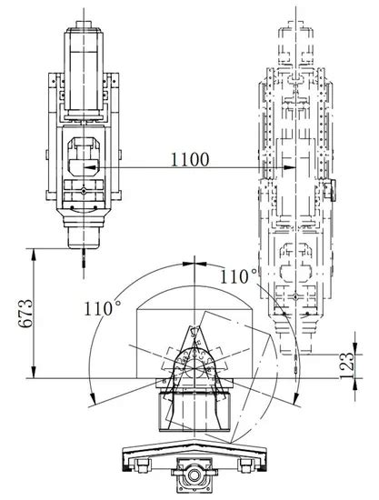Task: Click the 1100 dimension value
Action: tap(190, 159)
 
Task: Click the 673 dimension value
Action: tap(25, 313)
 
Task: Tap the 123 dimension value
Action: tap(347, 365)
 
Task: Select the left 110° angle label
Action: tap(103, 307)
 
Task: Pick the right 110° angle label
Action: tap(239, 276)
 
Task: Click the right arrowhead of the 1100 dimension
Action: tap(290, 167)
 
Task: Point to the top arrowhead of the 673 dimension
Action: tap(34, 255)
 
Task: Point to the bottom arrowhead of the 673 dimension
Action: tap(34, 372)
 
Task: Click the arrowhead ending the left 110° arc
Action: tap(92, 397)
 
